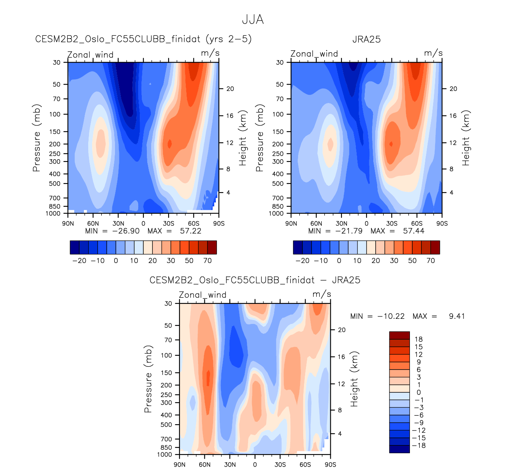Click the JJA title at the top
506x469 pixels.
pos(253,20)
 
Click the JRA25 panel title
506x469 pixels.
pos(366,39)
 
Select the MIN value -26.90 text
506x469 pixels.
pos(126,231)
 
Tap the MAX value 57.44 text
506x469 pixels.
pos(413,231)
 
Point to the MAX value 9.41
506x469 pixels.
pos(457,316)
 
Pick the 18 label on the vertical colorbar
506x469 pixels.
pos(419,339)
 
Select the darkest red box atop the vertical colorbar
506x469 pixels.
pos(399,335)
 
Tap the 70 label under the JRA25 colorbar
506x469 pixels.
pos(430,261)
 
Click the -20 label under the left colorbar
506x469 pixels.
pos(79,261)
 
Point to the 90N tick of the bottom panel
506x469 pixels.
pos(180,465)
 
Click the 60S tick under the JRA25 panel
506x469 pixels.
pos(417,224)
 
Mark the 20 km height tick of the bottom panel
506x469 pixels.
pos(342,330)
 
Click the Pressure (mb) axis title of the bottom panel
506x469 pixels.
pos(148,379)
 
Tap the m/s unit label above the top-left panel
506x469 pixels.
pos(210,53)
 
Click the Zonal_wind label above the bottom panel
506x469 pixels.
pos(202,295)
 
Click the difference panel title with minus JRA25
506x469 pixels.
pos(255,280)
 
